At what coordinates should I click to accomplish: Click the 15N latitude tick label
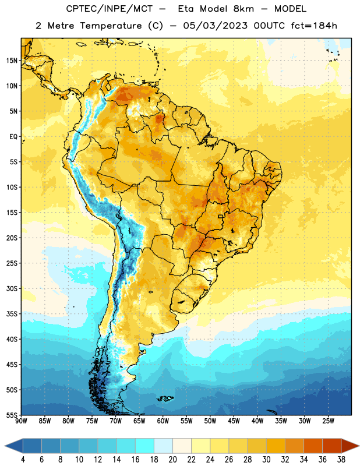click(x=12, y=61)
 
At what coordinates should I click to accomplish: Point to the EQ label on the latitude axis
click(x=13, y=137)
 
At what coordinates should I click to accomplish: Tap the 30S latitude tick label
click(x=12, y=288)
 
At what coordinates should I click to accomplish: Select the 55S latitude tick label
click(x=12, y=415)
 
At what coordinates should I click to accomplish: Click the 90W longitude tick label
click(x=21, y=421)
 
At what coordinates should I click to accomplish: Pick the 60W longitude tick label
click(x=163, y=421)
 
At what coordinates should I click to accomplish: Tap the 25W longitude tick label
click(x=328, y=421)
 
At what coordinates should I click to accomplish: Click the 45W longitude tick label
click(x=234, y=421)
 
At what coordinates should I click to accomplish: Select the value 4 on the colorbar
click(x=23, y=460)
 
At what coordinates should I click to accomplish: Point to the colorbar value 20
click(x=172, y=460)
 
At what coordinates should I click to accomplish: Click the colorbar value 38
click(x=341, y=460)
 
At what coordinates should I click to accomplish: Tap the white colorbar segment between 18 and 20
click(x=163, y=446)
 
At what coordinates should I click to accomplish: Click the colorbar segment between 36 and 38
click(x=332, y=446)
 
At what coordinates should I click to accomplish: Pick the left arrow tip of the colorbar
click(x=5, y=446)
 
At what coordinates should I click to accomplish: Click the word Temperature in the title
click(x=111, y=26)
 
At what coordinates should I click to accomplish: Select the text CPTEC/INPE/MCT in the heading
click(x=109, y=9)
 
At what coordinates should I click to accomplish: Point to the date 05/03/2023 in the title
click(x=215, y=26)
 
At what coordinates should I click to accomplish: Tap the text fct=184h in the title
click(x=314, y=26)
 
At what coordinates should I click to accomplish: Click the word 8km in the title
click(x=243, y=9)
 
